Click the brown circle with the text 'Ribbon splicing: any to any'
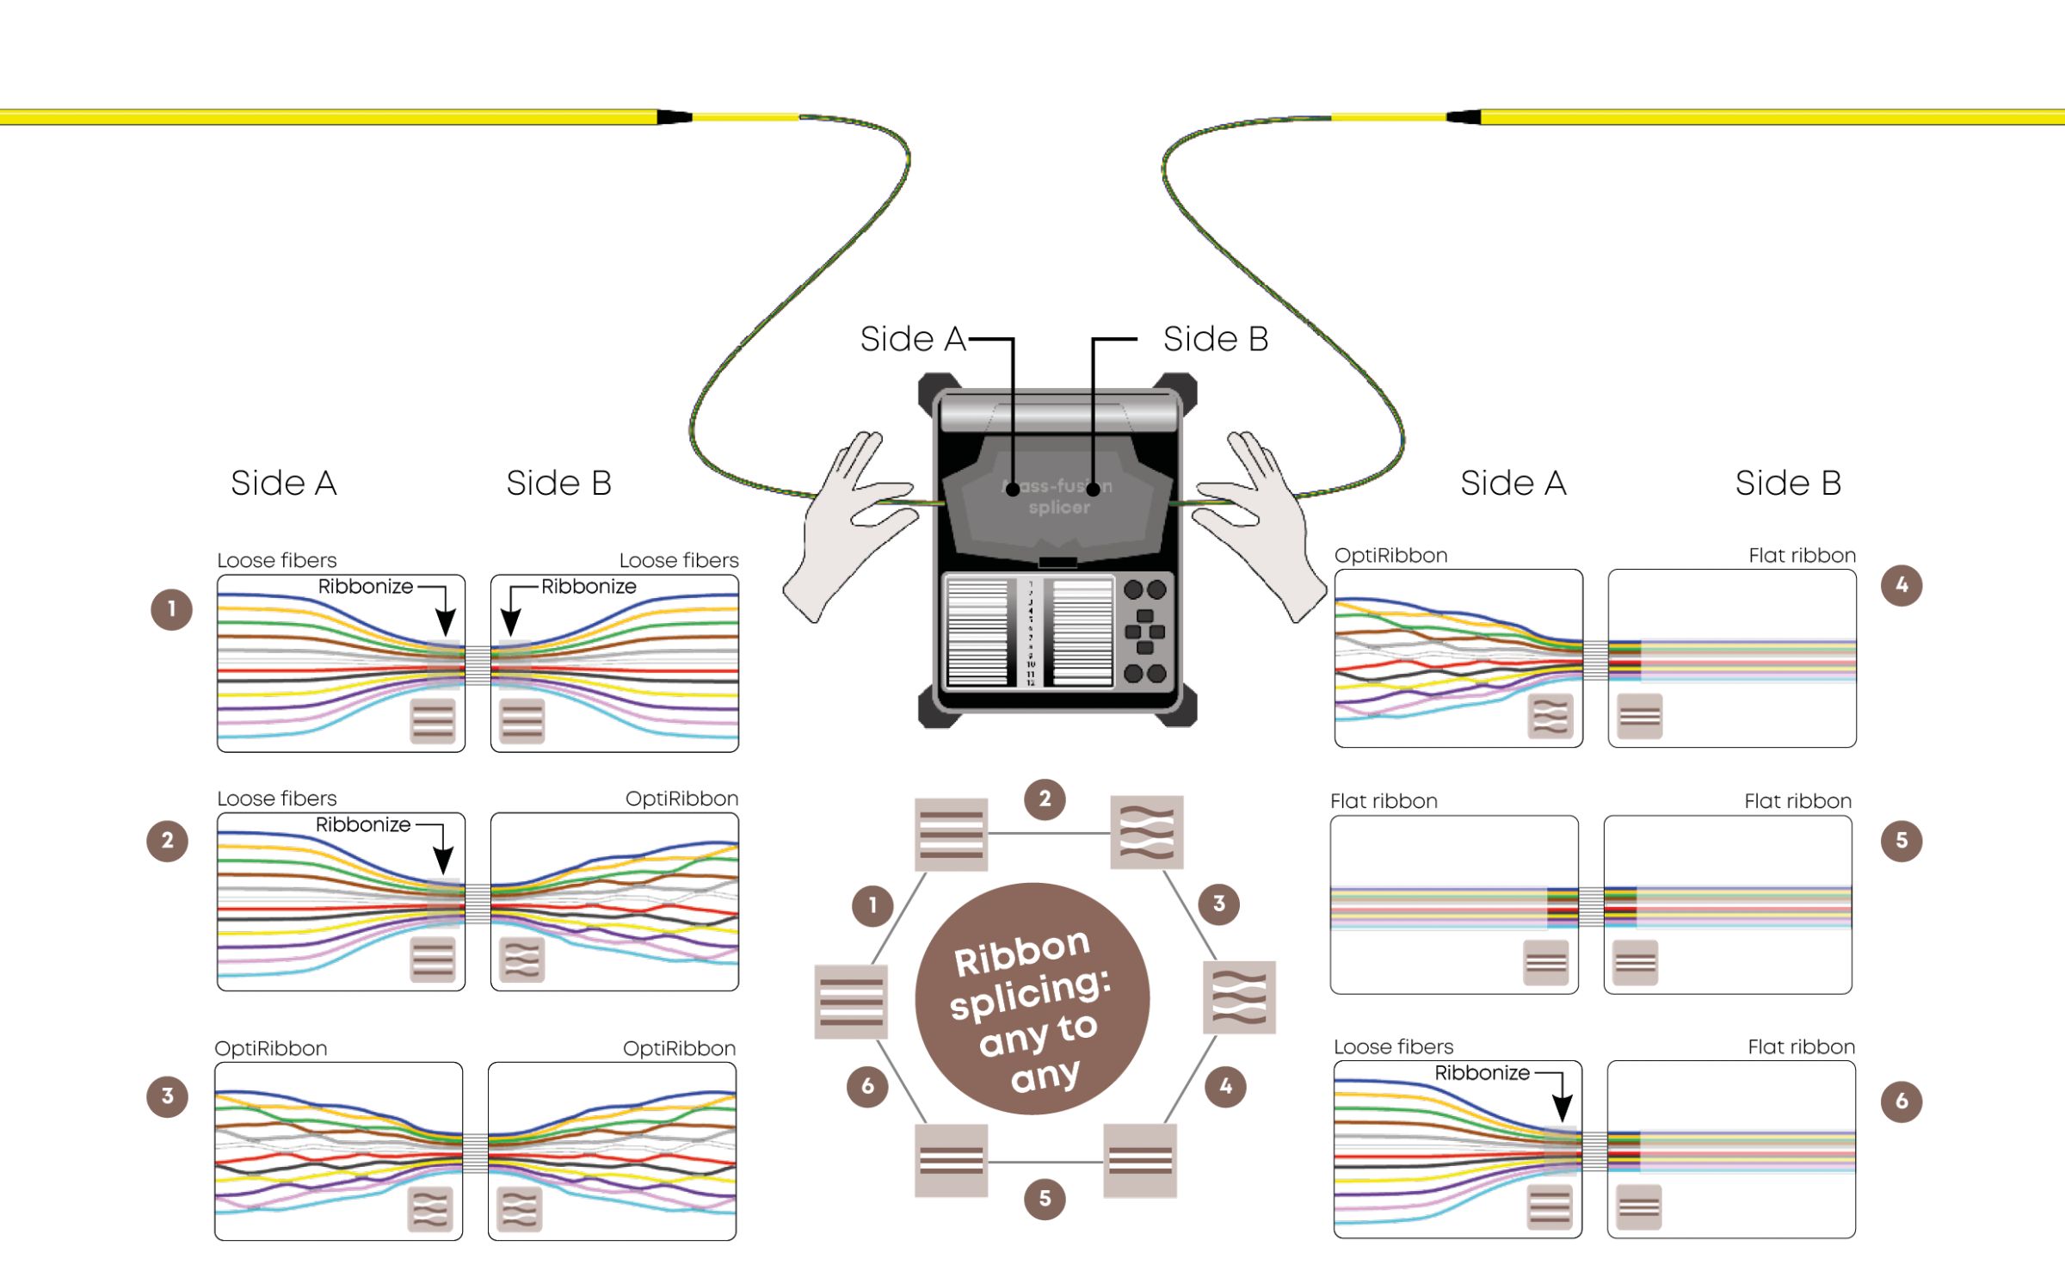[1032, 999]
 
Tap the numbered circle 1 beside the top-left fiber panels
[171, 609]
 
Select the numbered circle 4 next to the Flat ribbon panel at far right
[1902, 585]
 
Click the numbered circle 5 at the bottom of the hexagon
[1045, 1199]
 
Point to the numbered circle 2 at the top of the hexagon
[1045, 799]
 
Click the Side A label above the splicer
[912, 339]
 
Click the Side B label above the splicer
[1215, 339]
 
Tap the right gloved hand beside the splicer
[1265, 525]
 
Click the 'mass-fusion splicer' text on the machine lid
[1058, 497]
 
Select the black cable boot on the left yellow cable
[674, 116]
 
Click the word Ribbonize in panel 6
[1482, 1073]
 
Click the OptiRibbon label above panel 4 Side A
[1390, 556]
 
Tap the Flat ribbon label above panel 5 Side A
[1384, 801]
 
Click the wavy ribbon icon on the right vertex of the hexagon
[1239, 997]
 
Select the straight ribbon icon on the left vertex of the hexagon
[851, 1002]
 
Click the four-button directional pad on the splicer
[1145, 632]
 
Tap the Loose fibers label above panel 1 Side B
[679, 561]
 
